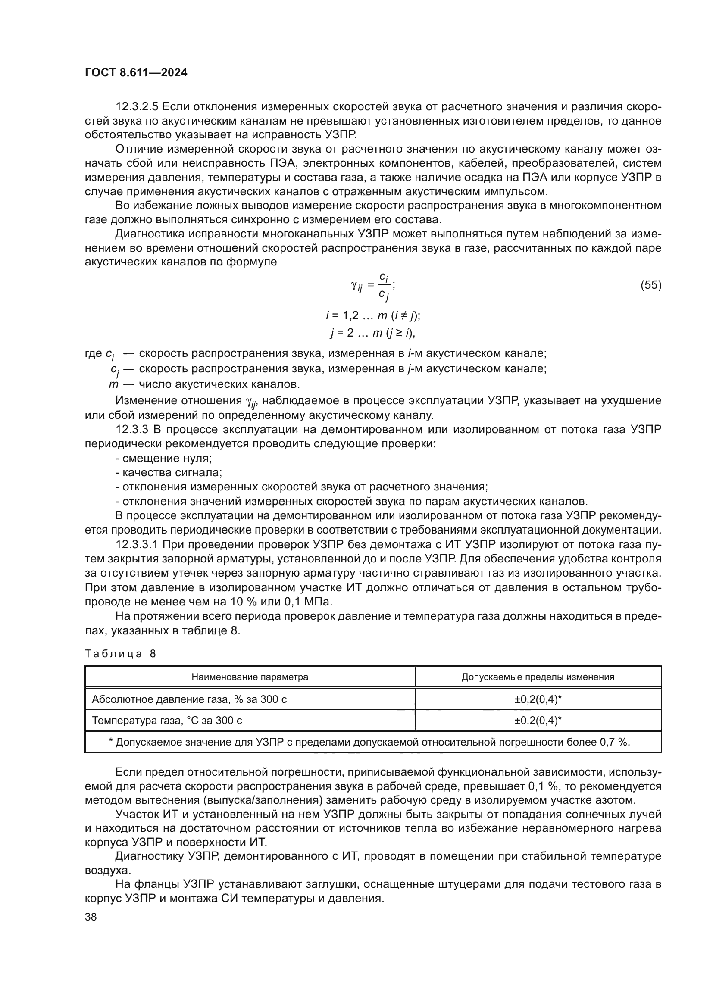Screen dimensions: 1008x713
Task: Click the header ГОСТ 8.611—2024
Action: (136, 72)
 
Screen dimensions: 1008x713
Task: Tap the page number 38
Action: (91, 916)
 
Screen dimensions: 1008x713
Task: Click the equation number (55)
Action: (650, 285)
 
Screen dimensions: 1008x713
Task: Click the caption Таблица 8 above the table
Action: (120, 654)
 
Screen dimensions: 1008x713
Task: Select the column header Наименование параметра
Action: (250, 677)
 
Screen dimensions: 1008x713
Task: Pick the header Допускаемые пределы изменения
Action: (538, 677)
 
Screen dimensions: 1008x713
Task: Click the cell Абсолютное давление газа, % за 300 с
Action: (189, 699)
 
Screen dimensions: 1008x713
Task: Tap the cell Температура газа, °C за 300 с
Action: (167, 721)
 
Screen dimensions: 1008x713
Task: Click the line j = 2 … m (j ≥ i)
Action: (373, 333)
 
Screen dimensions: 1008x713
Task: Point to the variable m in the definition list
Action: (114, 384)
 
